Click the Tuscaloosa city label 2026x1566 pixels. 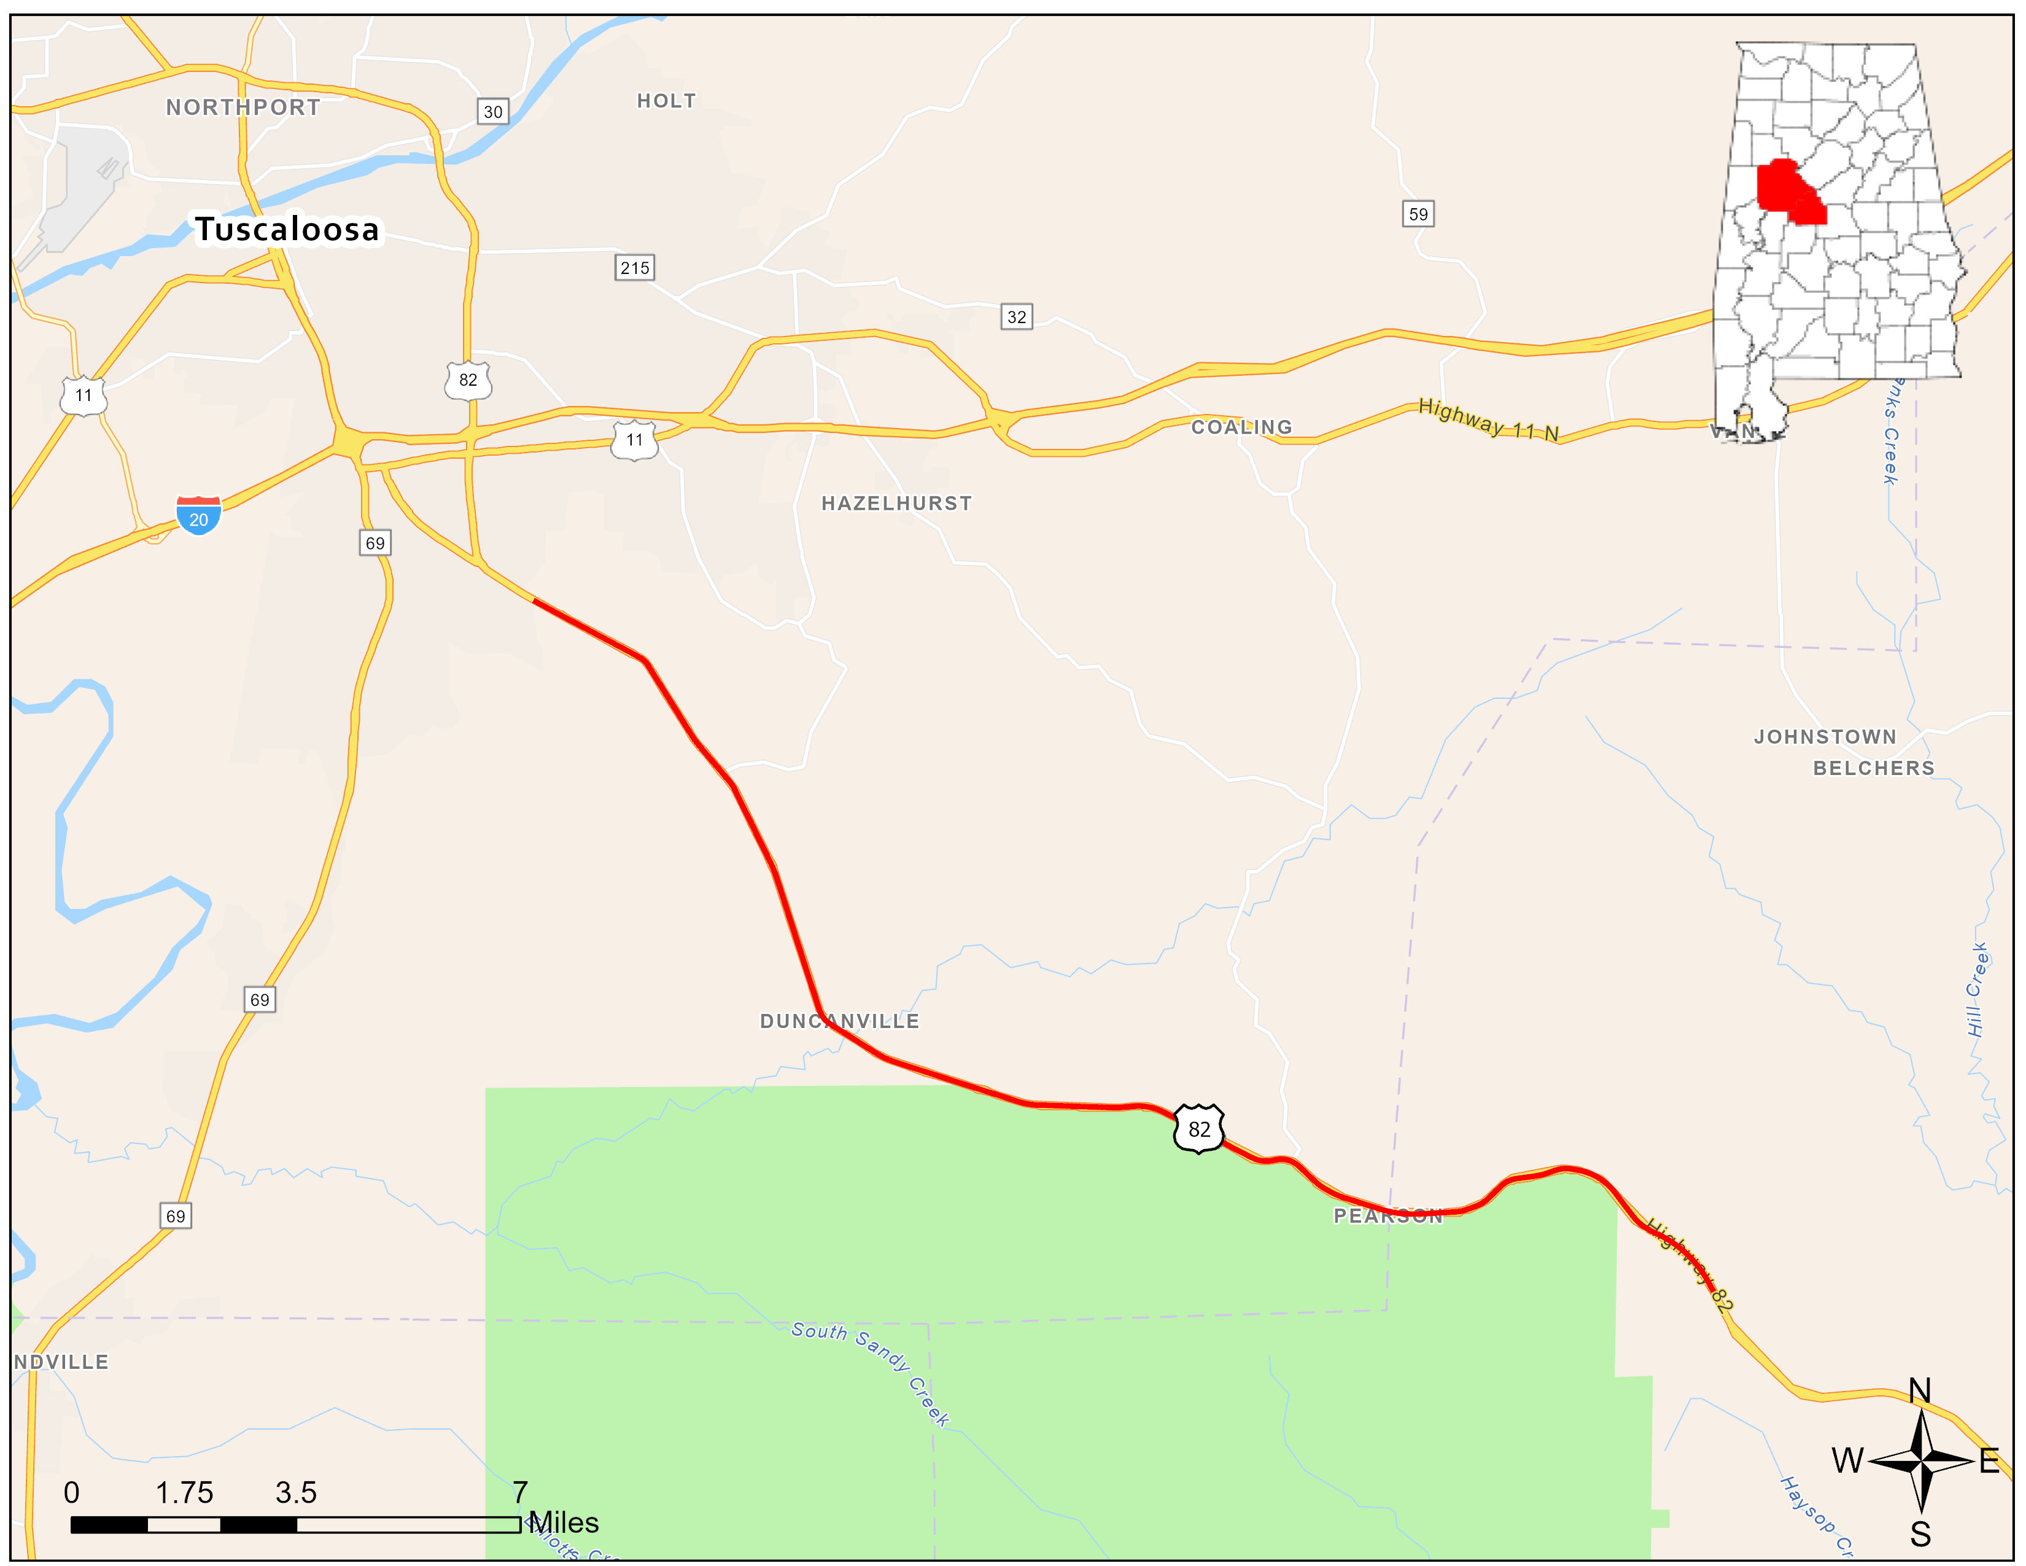pyautogui.click(x=287, y=229)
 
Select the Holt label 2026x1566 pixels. pyautogui.click(x=666, y=101)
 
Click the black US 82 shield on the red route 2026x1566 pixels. pyautogui.click(x=1198, y=1128)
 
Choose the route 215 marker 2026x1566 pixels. pyautogui.click(x=635, y=268)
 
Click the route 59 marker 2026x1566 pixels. pyautogui.click(x=1418, y=214)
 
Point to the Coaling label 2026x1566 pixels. pyautogui.click(x=1241, y=427)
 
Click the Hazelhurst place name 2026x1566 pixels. pyautogui.click(x=896, y=503)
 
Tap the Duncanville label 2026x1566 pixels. pyautogui.click(x=839, y=1021)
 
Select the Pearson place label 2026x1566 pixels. pyautogui.click(x=1388, y=1216)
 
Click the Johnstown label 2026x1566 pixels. pyautogui.click(x=1825, y=736)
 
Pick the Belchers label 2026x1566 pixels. pyautogui.click(x=1874, y=768)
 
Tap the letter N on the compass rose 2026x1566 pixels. pyautogui.click(x=1919, y=1390)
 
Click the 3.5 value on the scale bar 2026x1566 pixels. pyautogui.click(x=296, y=1493)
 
